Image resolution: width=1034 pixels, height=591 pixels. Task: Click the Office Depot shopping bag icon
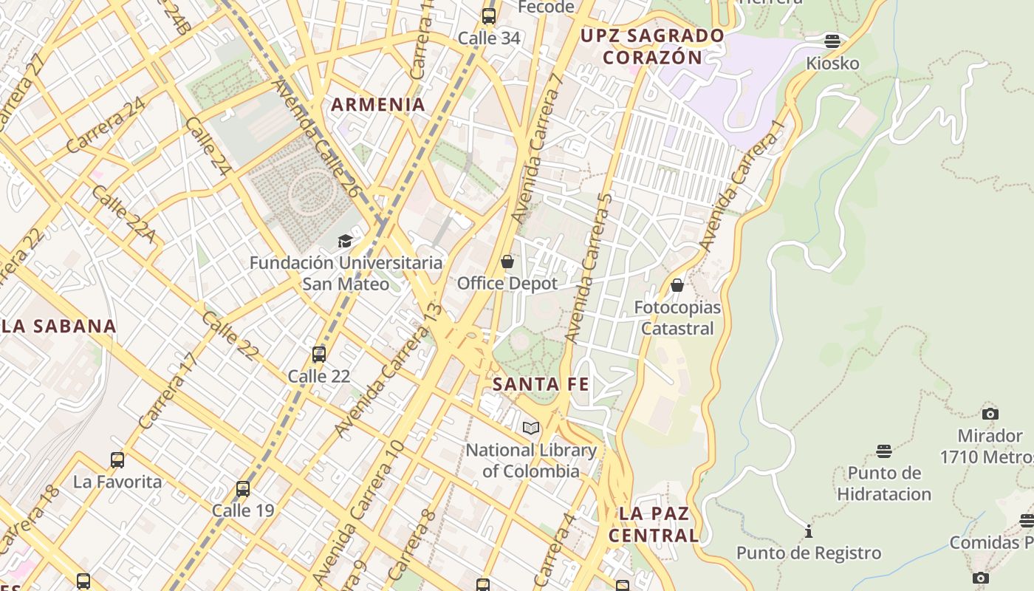(x=507, y=262)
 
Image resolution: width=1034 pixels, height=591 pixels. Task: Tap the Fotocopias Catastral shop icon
(x=677, y=285)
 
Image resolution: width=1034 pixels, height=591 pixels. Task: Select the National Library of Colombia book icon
(x=531, y=428)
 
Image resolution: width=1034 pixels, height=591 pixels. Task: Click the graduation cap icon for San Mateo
(x=345, y=241)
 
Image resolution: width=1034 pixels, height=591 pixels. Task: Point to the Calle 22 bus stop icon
(x=319, y=355)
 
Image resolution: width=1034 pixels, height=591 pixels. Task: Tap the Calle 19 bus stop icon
(x=243, y=489)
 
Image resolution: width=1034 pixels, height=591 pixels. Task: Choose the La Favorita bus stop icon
(x=117, y=460)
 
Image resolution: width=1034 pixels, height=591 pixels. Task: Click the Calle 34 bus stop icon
(x=489, y=16)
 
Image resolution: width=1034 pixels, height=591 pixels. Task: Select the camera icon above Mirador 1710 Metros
(x=990, y=414)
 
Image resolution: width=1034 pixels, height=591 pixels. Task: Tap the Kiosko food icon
(x=832, y=41)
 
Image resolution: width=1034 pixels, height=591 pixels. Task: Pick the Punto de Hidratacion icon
(x=884, y=451)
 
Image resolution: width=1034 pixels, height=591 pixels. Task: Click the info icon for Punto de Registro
(x=809, y=531)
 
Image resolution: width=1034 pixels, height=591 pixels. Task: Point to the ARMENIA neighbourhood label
(x=378, y=105)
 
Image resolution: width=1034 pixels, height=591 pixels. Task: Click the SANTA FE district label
(x=541, y=384)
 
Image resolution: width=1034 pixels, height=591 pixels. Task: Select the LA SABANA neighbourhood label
(x=59, y=327)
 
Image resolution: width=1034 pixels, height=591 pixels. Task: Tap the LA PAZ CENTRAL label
(x=654, y=525)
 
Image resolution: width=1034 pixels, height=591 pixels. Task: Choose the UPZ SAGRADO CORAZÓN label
(x=652, y=47)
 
